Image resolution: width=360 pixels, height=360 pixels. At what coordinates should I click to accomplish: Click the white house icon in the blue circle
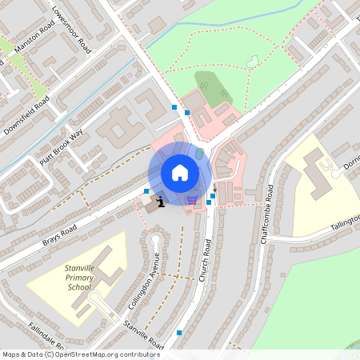(179, 172)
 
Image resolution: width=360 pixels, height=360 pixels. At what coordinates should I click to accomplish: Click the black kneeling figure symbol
(162, 201)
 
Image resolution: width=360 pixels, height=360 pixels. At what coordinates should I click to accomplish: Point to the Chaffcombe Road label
(266, 215)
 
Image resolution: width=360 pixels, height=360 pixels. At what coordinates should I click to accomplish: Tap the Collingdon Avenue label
(145, 281)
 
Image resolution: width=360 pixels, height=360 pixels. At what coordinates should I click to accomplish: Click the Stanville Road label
(144, 335)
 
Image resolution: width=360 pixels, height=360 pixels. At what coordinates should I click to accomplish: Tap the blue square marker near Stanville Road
(179, 332)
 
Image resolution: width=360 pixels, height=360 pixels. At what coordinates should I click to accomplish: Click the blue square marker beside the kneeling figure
(146, 190)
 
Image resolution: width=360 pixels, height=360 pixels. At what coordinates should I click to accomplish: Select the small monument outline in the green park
(254, 61)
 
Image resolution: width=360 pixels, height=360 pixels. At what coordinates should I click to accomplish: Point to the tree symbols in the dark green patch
(213, 89)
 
